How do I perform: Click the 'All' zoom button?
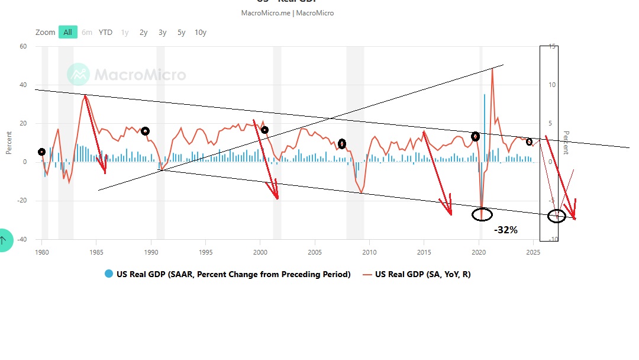pyautogui.click(x=67, y=33)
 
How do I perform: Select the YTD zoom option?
pyautogui.click(x=105, y=33)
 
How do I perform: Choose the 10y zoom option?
pyautogui.click(x=201, y=33)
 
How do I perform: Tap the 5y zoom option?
pyautogui.click(x=182, y=33)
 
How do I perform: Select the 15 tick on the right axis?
pyautogui.click(x=553, y=47)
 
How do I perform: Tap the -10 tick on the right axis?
pyautogui.click(x=551, y=240)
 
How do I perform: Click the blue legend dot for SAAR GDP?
pyautogui.click(x=108, y=274)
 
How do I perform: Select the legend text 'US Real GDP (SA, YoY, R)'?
pyautogui.click(x=423, y=274)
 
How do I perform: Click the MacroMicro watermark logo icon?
pyautogui.click(x=78, y=75)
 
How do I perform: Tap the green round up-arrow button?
pyautogui.click(x=3, y=240)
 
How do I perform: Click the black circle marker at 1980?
pyautogui.click(x=41, y=152)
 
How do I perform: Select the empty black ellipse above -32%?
pyautogui.click(x=482, y=214)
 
